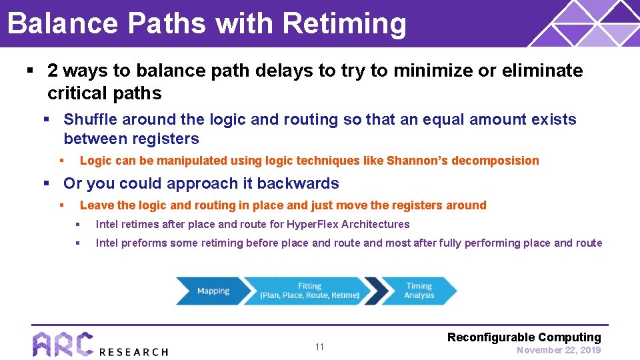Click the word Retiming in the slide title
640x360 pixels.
point(344,23)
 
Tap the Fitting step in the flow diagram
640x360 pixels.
point(309,291)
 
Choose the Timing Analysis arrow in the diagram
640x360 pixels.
point(420,291)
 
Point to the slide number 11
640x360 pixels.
point(319,347)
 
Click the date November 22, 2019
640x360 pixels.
point(559,350)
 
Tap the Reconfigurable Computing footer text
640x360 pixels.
point(524,337)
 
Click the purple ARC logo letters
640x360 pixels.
point(63,345)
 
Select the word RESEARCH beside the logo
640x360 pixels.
point(133,351)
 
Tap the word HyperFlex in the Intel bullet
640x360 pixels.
point(315,225)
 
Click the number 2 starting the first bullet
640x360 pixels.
point(53,71)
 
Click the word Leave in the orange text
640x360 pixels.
point(97,205)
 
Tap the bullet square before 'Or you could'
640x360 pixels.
point(47,183)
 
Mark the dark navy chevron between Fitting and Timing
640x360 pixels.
point(377,291)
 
